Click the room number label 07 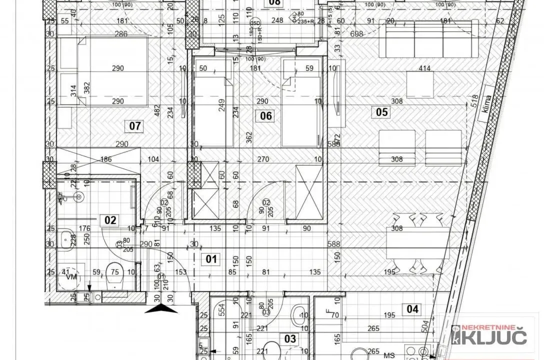tap(135, 125)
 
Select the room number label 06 tap(266, 116)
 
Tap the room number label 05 tap(381, 112)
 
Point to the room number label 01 tap(212, 259)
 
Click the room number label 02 tap(110, 219)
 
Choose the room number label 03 tap(290, 338)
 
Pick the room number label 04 tap(412, 309)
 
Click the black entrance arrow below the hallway tap(161, 308)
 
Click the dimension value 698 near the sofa tap(356, 34)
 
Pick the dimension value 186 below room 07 tap(105, 159)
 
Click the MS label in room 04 tap(387, 355)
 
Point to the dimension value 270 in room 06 tap(263, 160)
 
